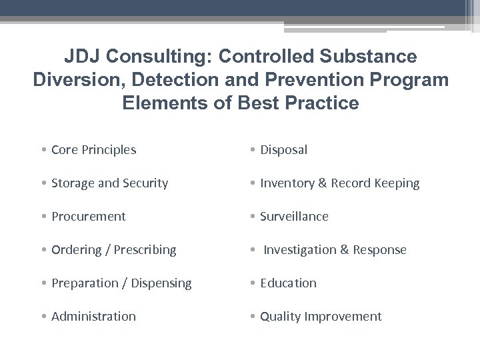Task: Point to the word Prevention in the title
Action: tap(311, 80)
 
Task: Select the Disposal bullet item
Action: tap(283, 150)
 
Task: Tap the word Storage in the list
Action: tap(73, 183)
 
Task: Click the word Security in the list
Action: tap(145, 183)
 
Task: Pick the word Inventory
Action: tap(286, 183)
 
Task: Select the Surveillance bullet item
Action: tap(294, 217)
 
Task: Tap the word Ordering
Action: tap(75, 250)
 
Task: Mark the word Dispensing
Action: tap(160, 283)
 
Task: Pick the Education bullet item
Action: tap(288, 283)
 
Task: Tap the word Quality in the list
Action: tap(281, 317)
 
